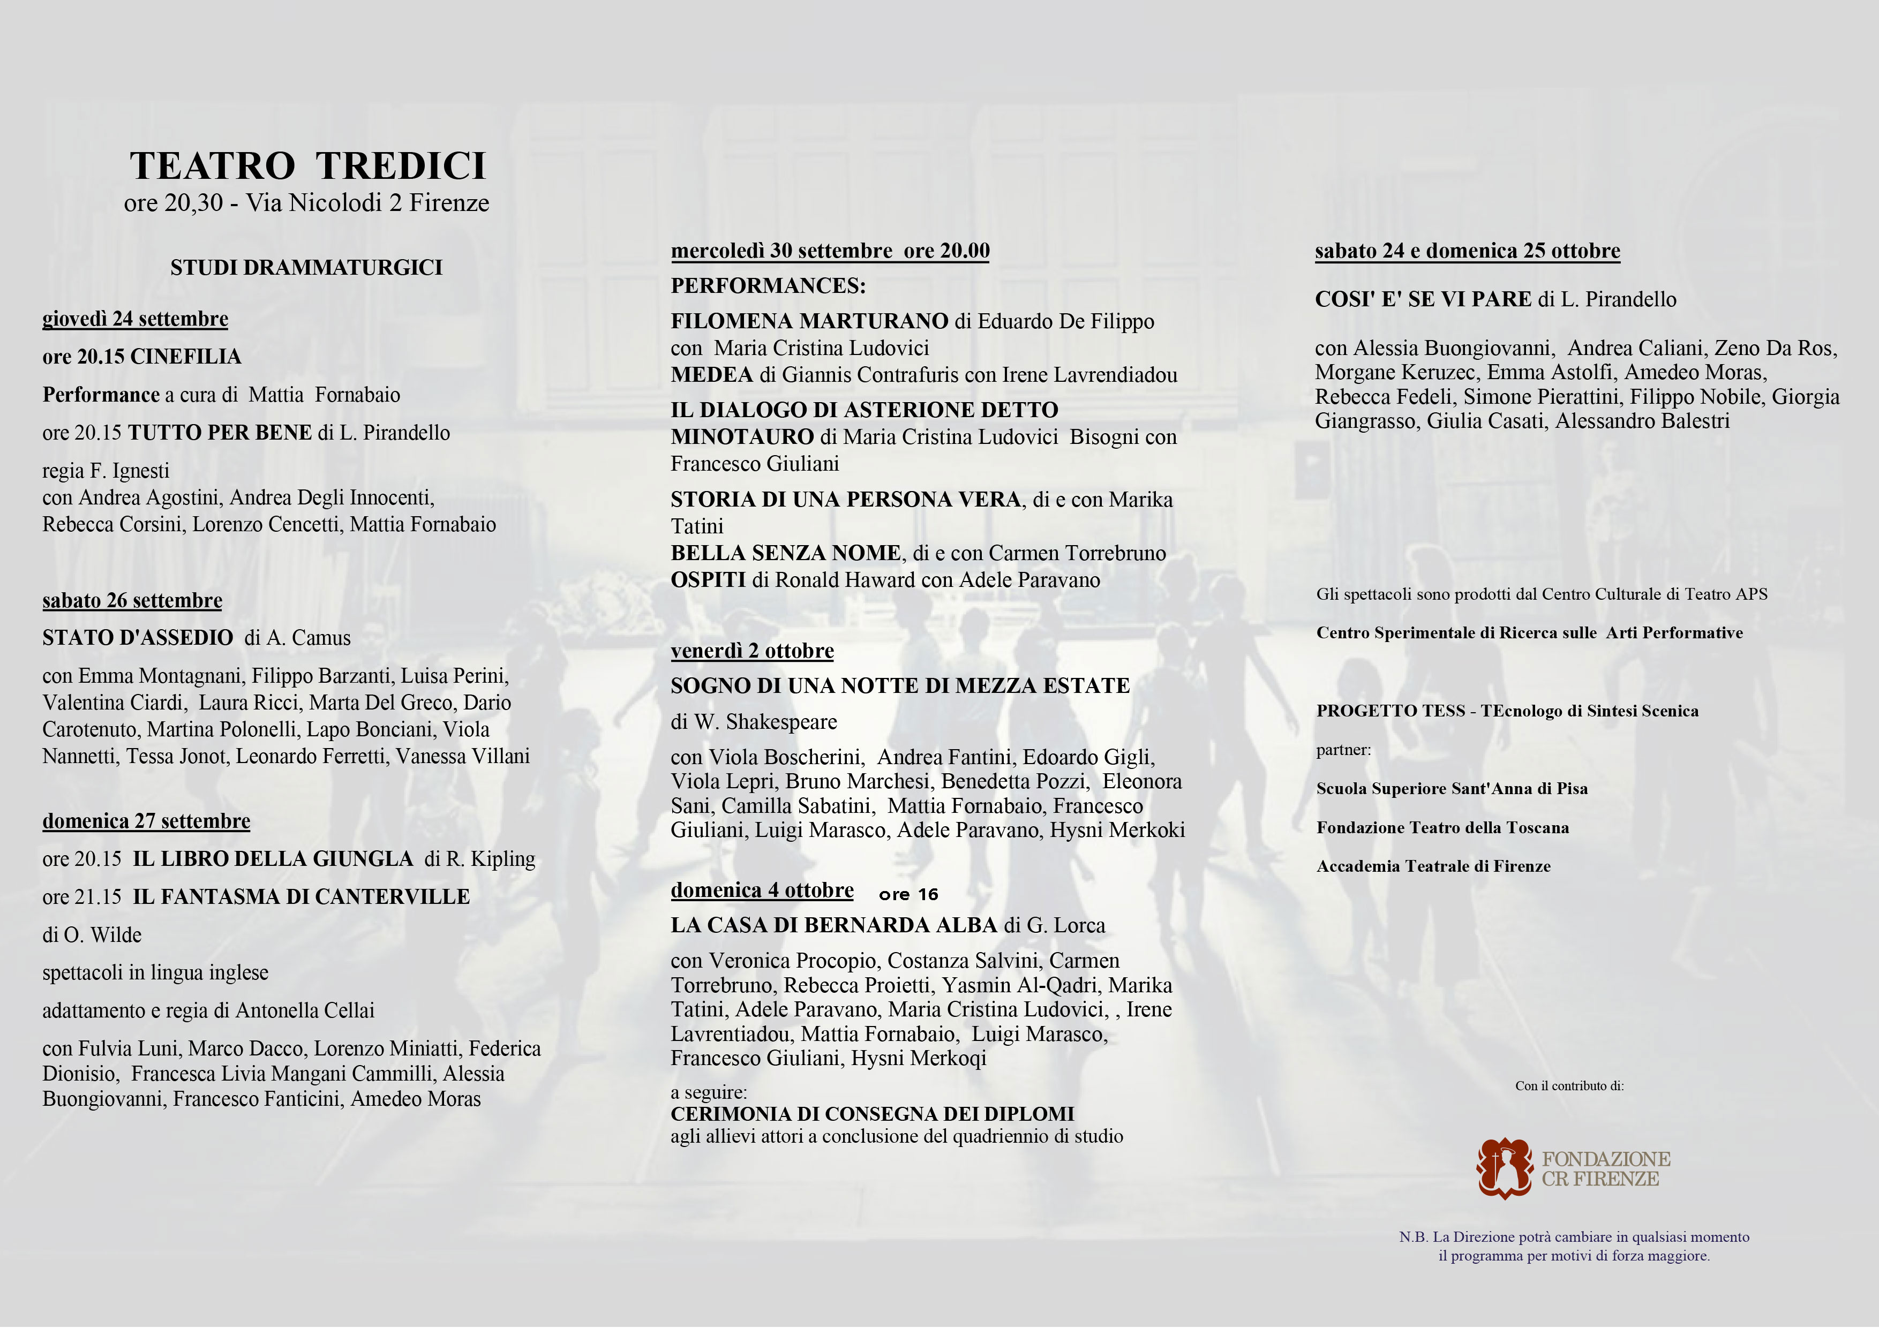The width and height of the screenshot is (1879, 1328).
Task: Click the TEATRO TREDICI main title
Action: [307, 166]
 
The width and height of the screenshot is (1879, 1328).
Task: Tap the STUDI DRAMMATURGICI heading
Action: [306, 268]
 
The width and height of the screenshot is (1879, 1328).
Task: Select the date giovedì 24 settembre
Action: [135, 319]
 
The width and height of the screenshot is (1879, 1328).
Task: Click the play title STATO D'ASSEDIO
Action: [138, 638]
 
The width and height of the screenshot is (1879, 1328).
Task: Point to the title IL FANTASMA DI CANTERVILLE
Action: [301, 897]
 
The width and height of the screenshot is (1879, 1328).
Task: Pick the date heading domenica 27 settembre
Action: [146, 821]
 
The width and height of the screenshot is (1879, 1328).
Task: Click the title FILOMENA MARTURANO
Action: [809, 322]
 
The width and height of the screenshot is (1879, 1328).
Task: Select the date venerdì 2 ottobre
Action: [752, 651]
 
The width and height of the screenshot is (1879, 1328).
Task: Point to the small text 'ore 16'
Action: [908, 894]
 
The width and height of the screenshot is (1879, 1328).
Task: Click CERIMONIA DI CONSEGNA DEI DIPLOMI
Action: [871, 1114]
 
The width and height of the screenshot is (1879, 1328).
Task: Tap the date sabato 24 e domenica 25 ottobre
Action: [1467, 251]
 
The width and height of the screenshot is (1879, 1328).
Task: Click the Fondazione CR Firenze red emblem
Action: [1504, 1168]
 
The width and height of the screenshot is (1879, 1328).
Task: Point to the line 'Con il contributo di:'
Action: [1569, 1086]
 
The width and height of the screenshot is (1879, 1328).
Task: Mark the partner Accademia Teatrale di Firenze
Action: [1433, 866]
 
